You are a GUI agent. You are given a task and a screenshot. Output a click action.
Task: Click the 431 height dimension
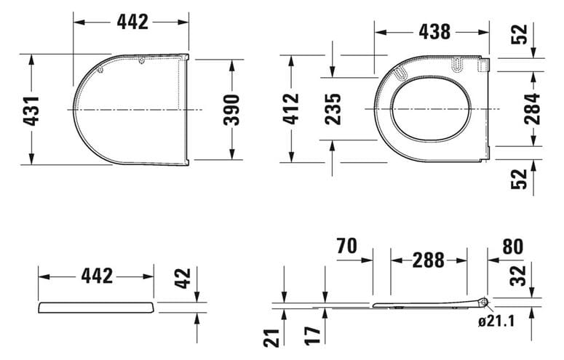coord(31,111)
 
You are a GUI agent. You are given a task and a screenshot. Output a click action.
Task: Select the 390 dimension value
coord(231,110)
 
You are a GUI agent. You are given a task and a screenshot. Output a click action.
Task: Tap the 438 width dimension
coord(434,32)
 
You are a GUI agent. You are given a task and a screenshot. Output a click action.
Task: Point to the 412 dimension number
coord(290,108)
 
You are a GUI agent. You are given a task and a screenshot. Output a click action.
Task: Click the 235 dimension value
coord(333,109)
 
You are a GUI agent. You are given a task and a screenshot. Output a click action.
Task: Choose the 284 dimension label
coord(533,108)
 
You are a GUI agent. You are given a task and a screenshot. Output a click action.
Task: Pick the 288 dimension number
coord(429,260)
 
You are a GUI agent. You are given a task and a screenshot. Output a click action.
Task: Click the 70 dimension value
coord(347,246)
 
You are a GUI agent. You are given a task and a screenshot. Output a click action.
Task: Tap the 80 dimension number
coord(513,247)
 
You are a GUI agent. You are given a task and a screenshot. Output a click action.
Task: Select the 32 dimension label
coord(518,276)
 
